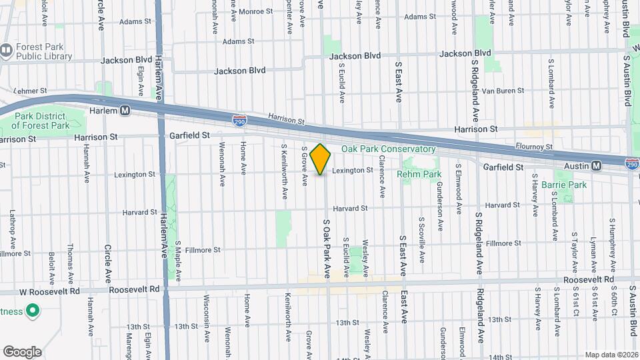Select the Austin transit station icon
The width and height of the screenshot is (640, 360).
(x=596, y=165)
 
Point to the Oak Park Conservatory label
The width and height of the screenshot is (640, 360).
(x=388, y=149)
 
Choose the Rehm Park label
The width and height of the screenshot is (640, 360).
(x=419, y=174)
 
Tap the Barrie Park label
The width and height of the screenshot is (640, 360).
(x=564, y=184)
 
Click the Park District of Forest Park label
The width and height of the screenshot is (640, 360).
(x=42, y=121)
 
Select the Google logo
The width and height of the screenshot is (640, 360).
(x=22, y=351)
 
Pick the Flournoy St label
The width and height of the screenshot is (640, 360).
(x=535, y=147)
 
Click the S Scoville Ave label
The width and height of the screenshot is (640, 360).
(x=421, y=239)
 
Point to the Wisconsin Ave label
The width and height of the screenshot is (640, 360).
(x=206, y=316)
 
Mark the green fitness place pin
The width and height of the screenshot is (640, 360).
(x=32, y=311)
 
